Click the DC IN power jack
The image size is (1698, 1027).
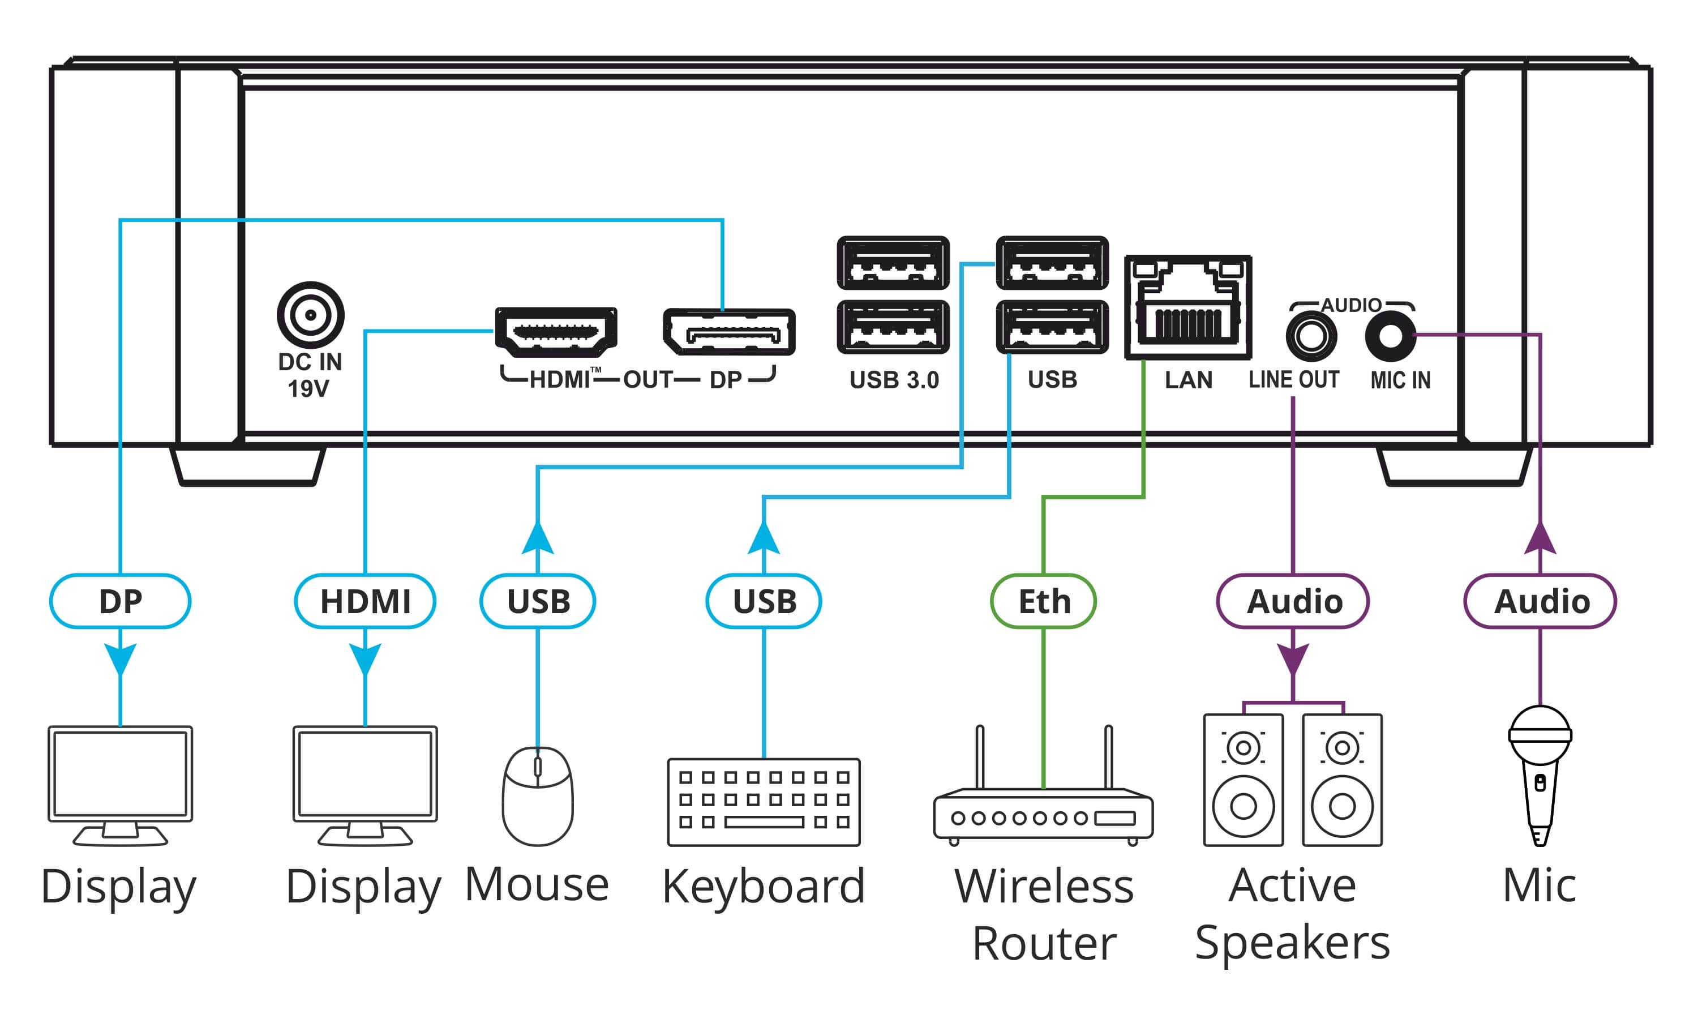tap(311, 315)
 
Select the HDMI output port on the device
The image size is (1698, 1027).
tap(555, 332)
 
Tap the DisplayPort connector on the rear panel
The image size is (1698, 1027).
tap(729, 332)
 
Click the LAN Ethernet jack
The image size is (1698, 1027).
tap(1187, 307)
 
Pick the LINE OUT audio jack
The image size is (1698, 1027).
tap(1311, 336)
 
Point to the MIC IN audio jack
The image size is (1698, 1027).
tap(1390, 336)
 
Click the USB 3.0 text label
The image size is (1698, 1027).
tap(894, 380)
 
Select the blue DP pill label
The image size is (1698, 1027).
tap(121, 601)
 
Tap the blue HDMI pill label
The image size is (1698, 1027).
tap(365, 601)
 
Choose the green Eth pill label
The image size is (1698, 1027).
tap(1043, 601)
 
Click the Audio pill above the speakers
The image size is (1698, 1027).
tap(1293, 601)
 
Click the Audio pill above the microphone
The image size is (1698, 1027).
tap(1540, 601)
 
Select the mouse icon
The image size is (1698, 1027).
tap(538, 795)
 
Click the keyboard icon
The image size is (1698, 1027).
tap(764, 802)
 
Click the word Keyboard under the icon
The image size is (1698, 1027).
tap(764, 887)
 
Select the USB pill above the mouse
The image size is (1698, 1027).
tap(538, 601)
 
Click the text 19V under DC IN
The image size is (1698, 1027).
tap(308, 389)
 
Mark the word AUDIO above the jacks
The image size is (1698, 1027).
tap(1350, 305)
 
